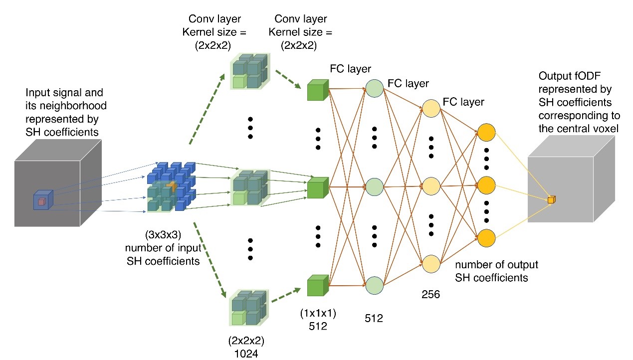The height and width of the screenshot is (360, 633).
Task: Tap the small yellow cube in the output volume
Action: [x=551, y=200]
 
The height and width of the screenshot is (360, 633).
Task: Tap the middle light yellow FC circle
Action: [x=431, y=186]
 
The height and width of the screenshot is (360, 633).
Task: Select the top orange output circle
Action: [x=486, y=133]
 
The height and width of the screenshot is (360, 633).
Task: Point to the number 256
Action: [x=431, y=294]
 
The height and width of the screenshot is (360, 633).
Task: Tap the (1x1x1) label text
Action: [x=318, y=314]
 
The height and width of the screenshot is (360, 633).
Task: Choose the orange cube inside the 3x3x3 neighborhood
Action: [x=172, y=186]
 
